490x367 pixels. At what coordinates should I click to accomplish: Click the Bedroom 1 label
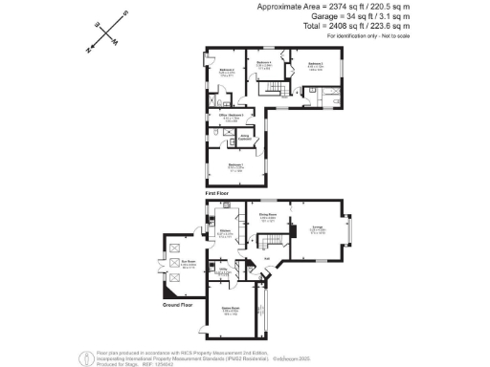point(235,164)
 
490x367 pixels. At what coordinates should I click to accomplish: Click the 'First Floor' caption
point(215,193)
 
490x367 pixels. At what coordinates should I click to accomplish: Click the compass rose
point(107,31)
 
